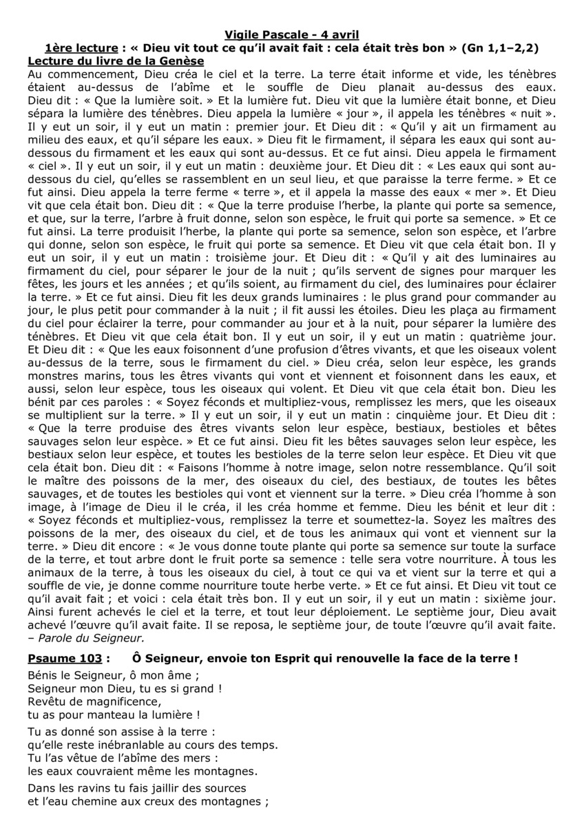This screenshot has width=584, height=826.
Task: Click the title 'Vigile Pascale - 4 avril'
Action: [292, 35]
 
